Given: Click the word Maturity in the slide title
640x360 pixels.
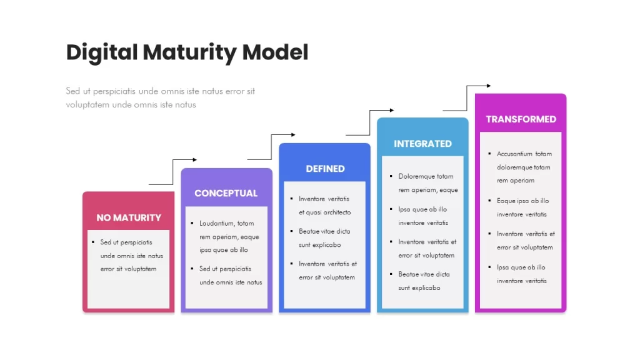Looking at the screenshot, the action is click(189, 53).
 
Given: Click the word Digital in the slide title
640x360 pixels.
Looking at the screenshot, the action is click(102, 53).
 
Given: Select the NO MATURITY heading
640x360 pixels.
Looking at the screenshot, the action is click(129, 217).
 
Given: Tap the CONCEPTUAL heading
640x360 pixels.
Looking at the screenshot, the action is click(226, 193).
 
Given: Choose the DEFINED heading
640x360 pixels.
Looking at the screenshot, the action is click(325, 169).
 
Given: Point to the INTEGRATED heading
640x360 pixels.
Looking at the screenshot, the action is click(422, 144).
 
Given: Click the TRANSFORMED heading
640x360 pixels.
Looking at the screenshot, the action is click(521, 119).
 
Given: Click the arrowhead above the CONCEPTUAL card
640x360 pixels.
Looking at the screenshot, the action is click(195, 159).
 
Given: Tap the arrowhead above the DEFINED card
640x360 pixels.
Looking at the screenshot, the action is click(293, 135).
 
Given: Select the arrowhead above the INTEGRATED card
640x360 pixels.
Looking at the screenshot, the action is click(392, 110).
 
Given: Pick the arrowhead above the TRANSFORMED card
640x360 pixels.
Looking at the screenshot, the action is click(489, 86).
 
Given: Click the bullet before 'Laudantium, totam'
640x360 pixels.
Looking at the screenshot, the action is click(192, 223).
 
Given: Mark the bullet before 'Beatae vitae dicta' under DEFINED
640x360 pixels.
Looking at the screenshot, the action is click(291, 231).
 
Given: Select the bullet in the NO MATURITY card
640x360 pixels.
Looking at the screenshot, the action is click(93, 242).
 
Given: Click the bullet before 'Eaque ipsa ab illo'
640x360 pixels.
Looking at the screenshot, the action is click(489, 201).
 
